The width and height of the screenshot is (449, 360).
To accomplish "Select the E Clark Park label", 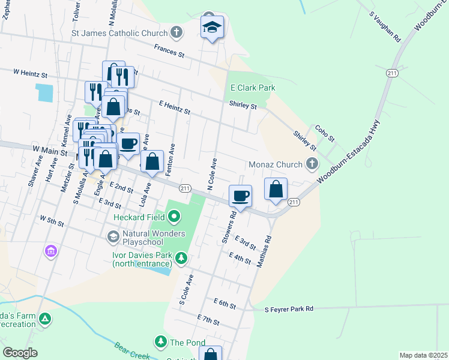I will (x=253, y=88).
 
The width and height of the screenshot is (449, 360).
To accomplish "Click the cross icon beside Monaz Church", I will (x=312, y=164).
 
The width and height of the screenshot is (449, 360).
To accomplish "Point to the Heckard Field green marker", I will (x=174, y=215).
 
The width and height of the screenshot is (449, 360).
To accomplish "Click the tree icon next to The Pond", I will (x=160, y=342).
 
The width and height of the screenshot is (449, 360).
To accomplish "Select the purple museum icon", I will (x=51, y=250).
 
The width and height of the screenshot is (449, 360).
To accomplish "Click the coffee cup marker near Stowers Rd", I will (x=240, y=196).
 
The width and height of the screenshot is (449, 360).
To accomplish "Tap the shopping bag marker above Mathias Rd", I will (x=276, y=189).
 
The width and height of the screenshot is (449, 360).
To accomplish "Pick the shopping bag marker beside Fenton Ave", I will (x=153, y=161).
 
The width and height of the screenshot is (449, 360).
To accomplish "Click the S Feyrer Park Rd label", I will (x=289, y=309).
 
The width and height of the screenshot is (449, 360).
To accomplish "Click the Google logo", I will (x=20, y=353).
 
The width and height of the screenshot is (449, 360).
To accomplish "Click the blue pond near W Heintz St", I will (x=44, y=92).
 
